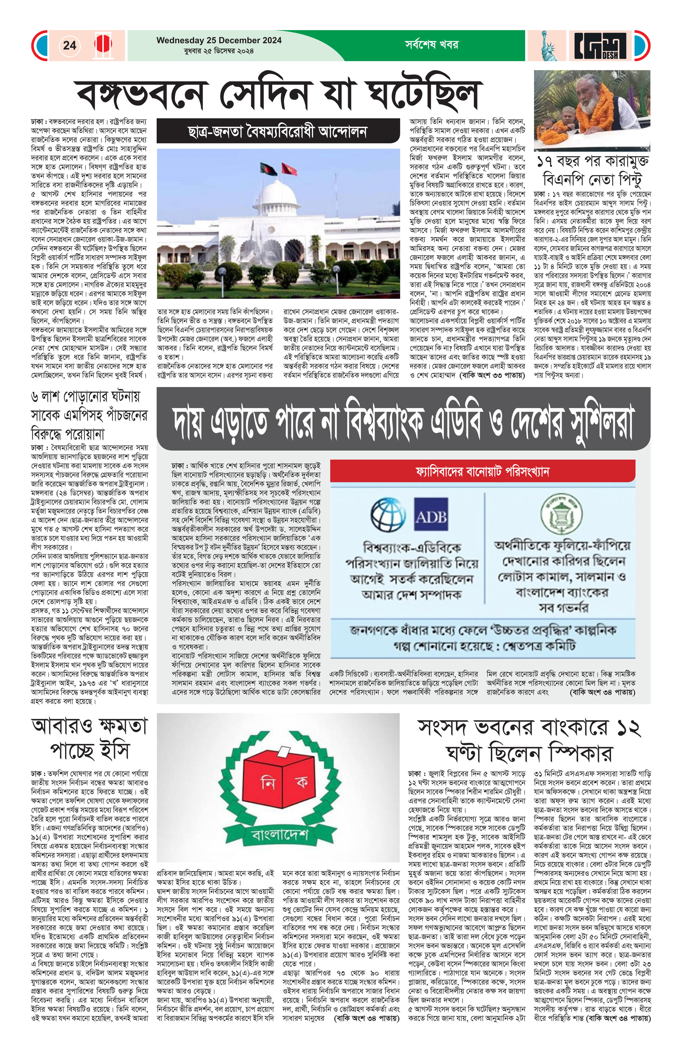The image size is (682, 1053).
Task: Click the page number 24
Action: coord(69,45)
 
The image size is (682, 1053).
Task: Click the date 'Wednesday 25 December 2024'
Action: coord(219,40)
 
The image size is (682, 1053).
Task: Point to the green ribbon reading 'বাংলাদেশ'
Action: coord(279,835)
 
